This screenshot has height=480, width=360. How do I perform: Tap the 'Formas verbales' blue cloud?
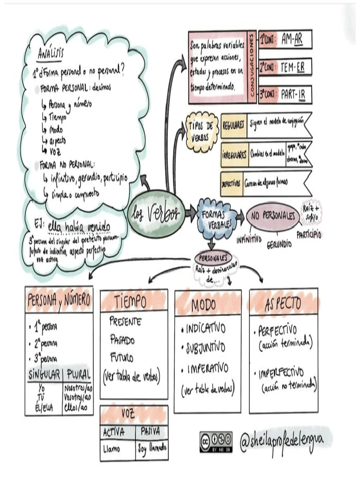[x=215, y=217]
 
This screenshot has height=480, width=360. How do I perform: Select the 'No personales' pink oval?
[x=273, y=216]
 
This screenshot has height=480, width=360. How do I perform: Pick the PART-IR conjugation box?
[x=292, y=95]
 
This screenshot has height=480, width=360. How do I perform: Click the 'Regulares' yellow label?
[x=233, y=125]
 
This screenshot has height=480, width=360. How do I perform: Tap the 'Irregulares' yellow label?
[x=233, y=155]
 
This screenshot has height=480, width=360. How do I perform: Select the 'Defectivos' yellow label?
[x=231, y=183]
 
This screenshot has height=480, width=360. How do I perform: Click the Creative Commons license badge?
[x=216, y=442]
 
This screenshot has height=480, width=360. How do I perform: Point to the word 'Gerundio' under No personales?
[x=279, y=244]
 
